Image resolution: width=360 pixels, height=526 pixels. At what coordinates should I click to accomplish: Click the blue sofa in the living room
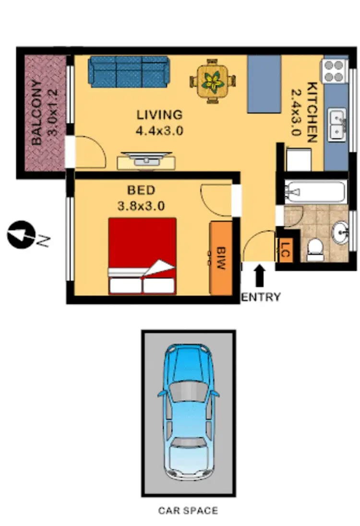(129, 72)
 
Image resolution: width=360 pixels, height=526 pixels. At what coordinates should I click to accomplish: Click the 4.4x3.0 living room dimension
(160, 131)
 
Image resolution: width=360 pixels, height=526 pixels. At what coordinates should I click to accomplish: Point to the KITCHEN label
(312, 113)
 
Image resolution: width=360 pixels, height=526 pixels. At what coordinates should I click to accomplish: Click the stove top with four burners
(335, 71)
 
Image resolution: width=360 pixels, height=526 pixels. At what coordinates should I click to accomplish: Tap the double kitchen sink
(337, 123)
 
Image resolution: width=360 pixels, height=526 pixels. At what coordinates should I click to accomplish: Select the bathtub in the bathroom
(314, 192)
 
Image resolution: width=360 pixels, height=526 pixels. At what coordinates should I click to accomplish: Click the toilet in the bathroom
(315, 250)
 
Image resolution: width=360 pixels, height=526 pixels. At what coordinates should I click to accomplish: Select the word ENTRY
(260, 298)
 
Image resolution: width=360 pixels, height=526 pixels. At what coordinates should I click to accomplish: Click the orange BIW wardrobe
(221, 258)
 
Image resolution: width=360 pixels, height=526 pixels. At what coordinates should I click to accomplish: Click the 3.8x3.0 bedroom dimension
(142, 206)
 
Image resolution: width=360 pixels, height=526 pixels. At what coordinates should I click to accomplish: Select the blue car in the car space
(188, 413)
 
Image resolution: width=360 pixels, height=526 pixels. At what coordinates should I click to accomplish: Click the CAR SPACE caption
(188, 511)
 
